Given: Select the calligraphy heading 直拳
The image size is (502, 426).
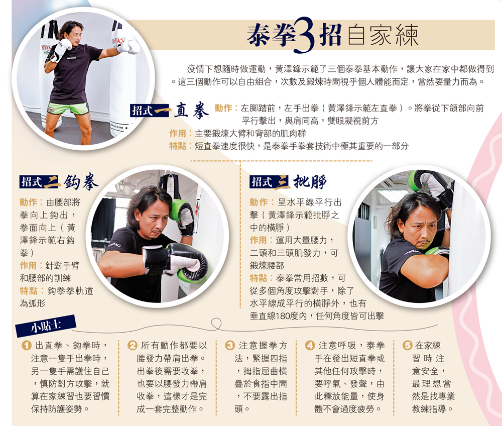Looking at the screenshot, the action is [x=191, y=111].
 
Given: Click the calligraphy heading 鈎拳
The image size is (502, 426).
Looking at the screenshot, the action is [x=81, y=182].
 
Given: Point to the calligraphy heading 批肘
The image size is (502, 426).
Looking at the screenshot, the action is [x=310, y=182].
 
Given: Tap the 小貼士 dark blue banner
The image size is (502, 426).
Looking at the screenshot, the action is [x=46, y=326].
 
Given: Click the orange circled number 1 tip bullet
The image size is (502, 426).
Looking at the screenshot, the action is [x=26, y=345].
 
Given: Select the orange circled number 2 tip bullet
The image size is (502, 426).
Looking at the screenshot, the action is [x=132, y=345].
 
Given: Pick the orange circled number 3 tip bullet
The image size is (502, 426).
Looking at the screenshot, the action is [x=230, y=345].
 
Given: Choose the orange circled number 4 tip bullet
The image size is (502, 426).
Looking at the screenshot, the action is [x=310, y=345].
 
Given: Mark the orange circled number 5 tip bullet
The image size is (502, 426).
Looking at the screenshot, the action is [x=407, y=345].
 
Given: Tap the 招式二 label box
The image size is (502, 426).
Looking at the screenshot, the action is [x=40, y=182].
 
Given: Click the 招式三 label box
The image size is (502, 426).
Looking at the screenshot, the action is [x=270, y=182].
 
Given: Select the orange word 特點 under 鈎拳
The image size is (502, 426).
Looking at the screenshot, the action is [x=29, y=290].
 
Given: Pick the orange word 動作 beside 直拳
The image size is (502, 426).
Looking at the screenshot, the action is [x=223, y=109].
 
